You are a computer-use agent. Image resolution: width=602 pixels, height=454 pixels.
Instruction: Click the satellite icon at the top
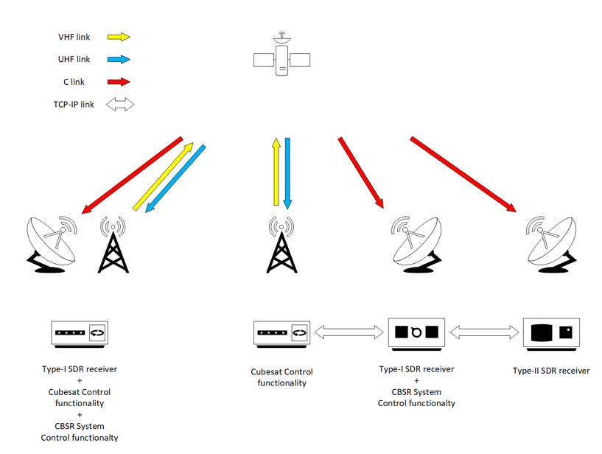(281, 56)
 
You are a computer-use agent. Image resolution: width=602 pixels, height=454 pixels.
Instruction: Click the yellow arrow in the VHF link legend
(119, 37)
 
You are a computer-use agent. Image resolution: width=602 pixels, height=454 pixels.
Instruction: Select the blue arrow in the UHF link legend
(119, 59)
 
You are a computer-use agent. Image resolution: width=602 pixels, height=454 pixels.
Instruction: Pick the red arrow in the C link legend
(119, 82)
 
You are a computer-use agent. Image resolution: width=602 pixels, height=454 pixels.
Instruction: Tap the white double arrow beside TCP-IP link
(120, 105)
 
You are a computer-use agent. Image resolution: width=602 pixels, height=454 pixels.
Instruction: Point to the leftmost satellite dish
(52, 243)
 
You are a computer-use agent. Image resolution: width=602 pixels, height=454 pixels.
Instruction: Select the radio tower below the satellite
(281, 245)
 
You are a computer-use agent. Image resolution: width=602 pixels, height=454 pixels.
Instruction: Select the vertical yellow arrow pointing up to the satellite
(276, 171)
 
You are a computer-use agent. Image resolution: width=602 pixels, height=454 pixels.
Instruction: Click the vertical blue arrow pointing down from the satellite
(287, 171)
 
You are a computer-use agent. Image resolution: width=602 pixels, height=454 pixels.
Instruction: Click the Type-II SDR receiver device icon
(551, 333)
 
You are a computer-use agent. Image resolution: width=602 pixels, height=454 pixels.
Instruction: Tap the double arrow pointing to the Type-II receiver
(483, 333)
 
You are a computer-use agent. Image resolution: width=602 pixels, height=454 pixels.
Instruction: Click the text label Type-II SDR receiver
(551, 371)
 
